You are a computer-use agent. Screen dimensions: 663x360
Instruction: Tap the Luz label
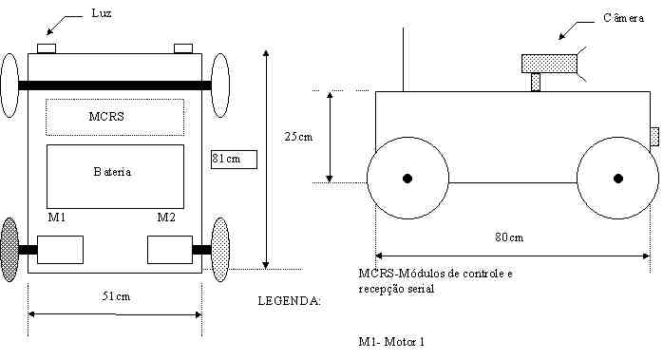click(102, 13)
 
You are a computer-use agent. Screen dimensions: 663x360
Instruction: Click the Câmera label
click(624, 18)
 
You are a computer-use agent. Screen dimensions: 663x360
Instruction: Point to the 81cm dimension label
click(226, 159)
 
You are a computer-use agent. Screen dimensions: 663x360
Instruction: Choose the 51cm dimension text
click(116, 296)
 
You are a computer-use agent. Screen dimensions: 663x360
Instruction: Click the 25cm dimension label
click(298, 137)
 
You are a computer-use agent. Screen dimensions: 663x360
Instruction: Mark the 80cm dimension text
click(509, 237)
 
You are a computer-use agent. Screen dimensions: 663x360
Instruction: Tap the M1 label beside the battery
click(57, 218)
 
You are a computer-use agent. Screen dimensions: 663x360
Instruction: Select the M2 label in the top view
click(166, 218)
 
